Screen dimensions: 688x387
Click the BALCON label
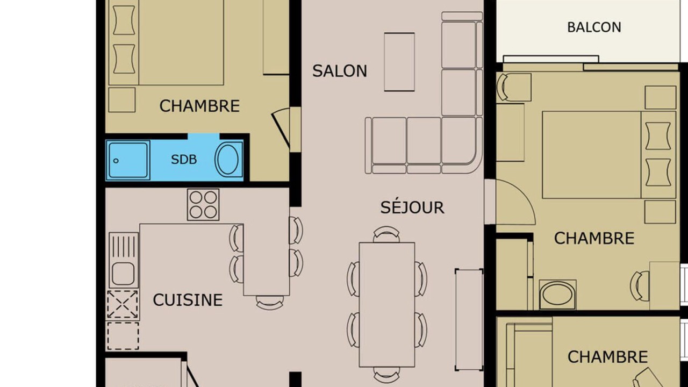pos(594,27)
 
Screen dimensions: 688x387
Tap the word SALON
pos(340,71)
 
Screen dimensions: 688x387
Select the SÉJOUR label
pos(412,207)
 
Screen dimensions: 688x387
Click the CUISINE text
pos(188,300)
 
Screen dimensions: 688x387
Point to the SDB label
pos(184,160)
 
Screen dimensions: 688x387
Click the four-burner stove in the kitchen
pos(203,205)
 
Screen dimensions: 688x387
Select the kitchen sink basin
pos(123,274)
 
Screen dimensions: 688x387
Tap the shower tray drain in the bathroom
pos(116,161)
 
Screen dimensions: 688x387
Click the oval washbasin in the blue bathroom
pos(227,160)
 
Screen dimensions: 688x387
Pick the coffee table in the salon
pos(399,62)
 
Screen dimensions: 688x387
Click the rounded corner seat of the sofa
pos(462,145)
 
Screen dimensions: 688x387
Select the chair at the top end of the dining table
pos(386,234)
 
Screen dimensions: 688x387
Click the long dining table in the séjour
pos(387,304)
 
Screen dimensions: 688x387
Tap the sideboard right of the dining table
pos(469,320)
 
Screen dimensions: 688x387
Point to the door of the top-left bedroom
pos(281,130)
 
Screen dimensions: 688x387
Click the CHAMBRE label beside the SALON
pos(199,106)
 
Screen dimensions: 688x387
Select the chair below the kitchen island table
pos(270,303)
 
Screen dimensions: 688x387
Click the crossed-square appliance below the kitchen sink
pos(122,304)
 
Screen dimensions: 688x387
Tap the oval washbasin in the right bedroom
pos(557,295)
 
